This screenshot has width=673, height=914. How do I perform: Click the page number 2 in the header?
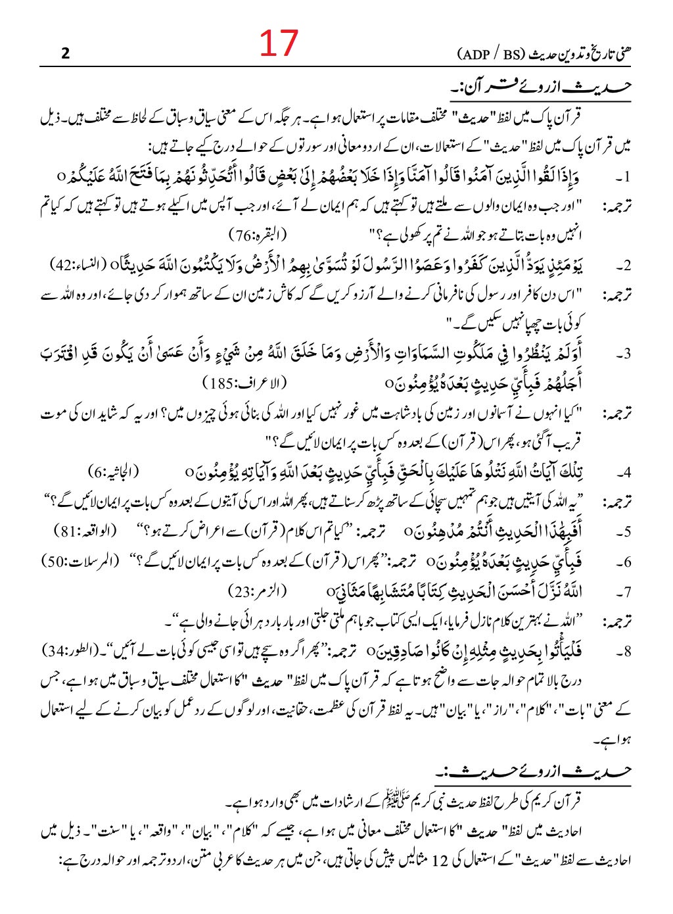[64, 54]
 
